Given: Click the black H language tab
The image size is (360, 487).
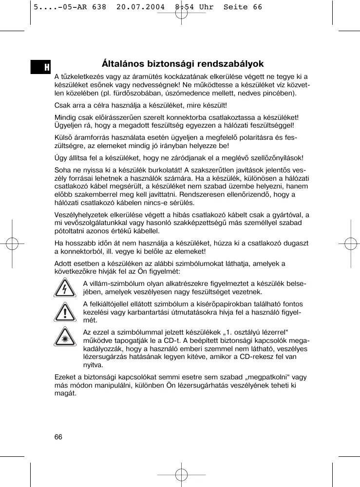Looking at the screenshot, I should (41, 67).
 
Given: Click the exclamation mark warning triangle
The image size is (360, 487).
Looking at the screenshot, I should (64, 312).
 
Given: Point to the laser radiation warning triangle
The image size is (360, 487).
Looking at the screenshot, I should (64, 337).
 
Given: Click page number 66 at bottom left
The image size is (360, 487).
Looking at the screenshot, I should (58, 437).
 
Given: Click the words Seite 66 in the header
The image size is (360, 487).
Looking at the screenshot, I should (243, 7).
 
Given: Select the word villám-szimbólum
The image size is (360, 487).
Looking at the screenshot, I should (115, 284).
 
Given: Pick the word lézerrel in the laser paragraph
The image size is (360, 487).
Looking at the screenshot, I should (275, 332).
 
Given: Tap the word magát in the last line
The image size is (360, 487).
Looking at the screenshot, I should (64, 393).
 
